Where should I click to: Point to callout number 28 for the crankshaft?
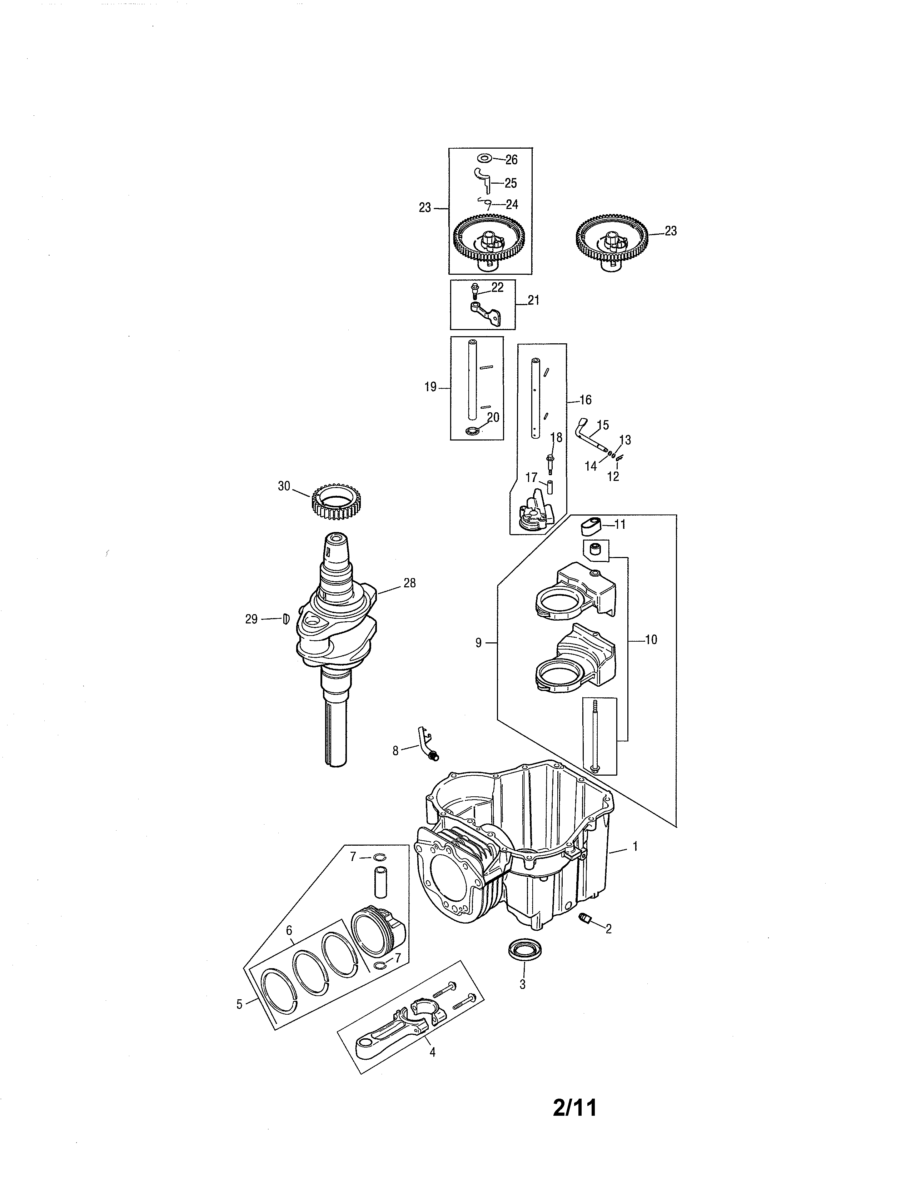(x=410, y=583)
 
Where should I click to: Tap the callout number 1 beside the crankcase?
(x=635, y=846)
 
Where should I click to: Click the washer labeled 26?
(x=484, y=158)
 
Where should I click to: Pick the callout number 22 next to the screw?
(x=497, y=288)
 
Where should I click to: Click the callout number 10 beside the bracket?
(x=651, y=640)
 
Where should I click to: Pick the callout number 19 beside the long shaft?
(x=430, y=387)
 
